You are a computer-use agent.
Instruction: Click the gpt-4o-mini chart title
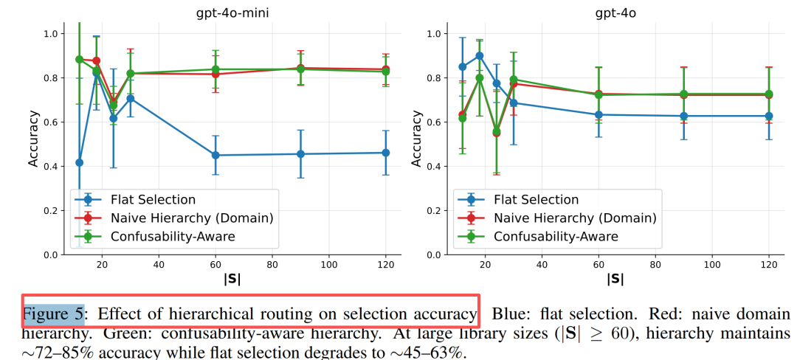(x=231, y=13)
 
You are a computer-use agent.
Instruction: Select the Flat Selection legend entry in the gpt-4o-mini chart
(x=153, y=199)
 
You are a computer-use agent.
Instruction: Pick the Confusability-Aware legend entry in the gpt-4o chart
(x=556, y=236)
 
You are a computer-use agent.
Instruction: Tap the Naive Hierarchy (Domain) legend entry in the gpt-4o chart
(x=574, y=218)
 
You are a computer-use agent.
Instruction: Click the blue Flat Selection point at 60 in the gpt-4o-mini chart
(x=215, y=155)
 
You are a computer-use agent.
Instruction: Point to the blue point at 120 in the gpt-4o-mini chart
(x=385, y=153)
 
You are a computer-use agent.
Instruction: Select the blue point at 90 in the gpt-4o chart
(x=683, y=116)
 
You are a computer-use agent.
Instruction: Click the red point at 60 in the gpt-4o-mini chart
(x=215, y=74)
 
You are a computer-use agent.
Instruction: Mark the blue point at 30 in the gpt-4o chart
(x=514, y=103)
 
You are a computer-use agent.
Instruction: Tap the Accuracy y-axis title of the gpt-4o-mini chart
(x=33, y=138)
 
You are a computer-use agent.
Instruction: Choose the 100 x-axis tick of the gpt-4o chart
(x=711, y=263)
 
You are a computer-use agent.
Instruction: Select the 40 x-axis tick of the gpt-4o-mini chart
(x=159, y=263)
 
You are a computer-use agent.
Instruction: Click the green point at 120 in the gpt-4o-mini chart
(x=385, y=72)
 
